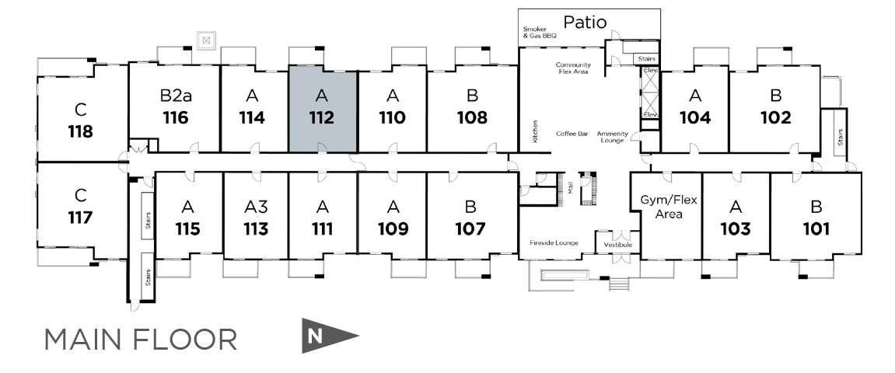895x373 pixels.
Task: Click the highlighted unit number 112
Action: click(x=322, y=118)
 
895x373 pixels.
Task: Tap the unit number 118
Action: click(x=80, y=131)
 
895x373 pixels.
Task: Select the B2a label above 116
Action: click(x=176, y=96)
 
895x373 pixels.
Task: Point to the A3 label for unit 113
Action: click(x=256, y=207)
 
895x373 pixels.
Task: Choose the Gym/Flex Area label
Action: click(x=670, y=206)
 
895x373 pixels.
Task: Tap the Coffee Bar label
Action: click(x=572, y=134)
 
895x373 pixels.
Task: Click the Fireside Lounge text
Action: click(x=554, y=243)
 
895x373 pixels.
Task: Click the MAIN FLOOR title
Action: click(x=141, y=340)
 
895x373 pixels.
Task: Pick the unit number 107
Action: click(x=470, y=229)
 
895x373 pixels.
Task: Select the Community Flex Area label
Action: click(x=574, y=68)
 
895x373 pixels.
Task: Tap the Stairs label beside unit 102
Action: click(x=840, y=135)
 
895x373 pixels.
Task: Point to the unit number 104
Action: click(x=695, y=118)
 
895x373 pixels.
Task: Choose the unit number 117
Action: click(x=80, y=217)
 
